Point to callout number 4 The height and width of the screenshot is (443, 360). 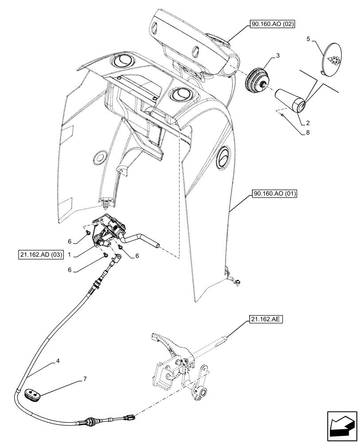point(58,361)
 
